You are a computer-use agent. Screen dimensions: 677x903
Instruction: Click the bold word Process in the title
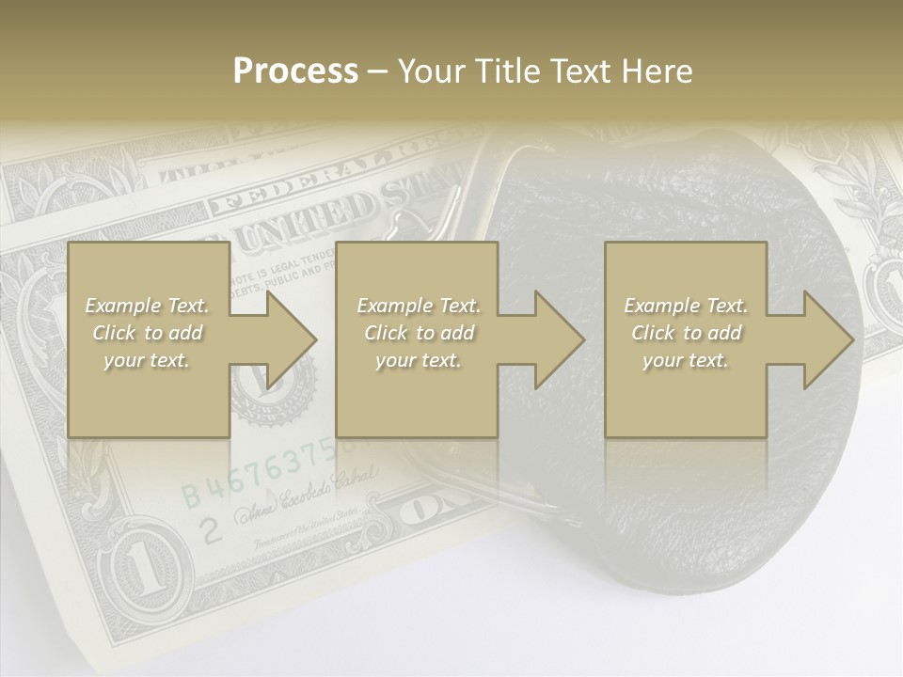295,71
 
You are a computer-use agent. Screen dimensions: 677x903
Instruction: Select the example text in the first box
148,333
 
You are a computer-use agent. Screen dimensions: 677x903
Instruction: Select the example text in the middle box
419,333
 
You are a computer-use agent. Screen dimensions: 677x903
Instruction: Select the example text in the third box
686,333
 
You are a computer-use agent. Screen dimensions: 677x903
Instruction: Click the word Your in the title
431,71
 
